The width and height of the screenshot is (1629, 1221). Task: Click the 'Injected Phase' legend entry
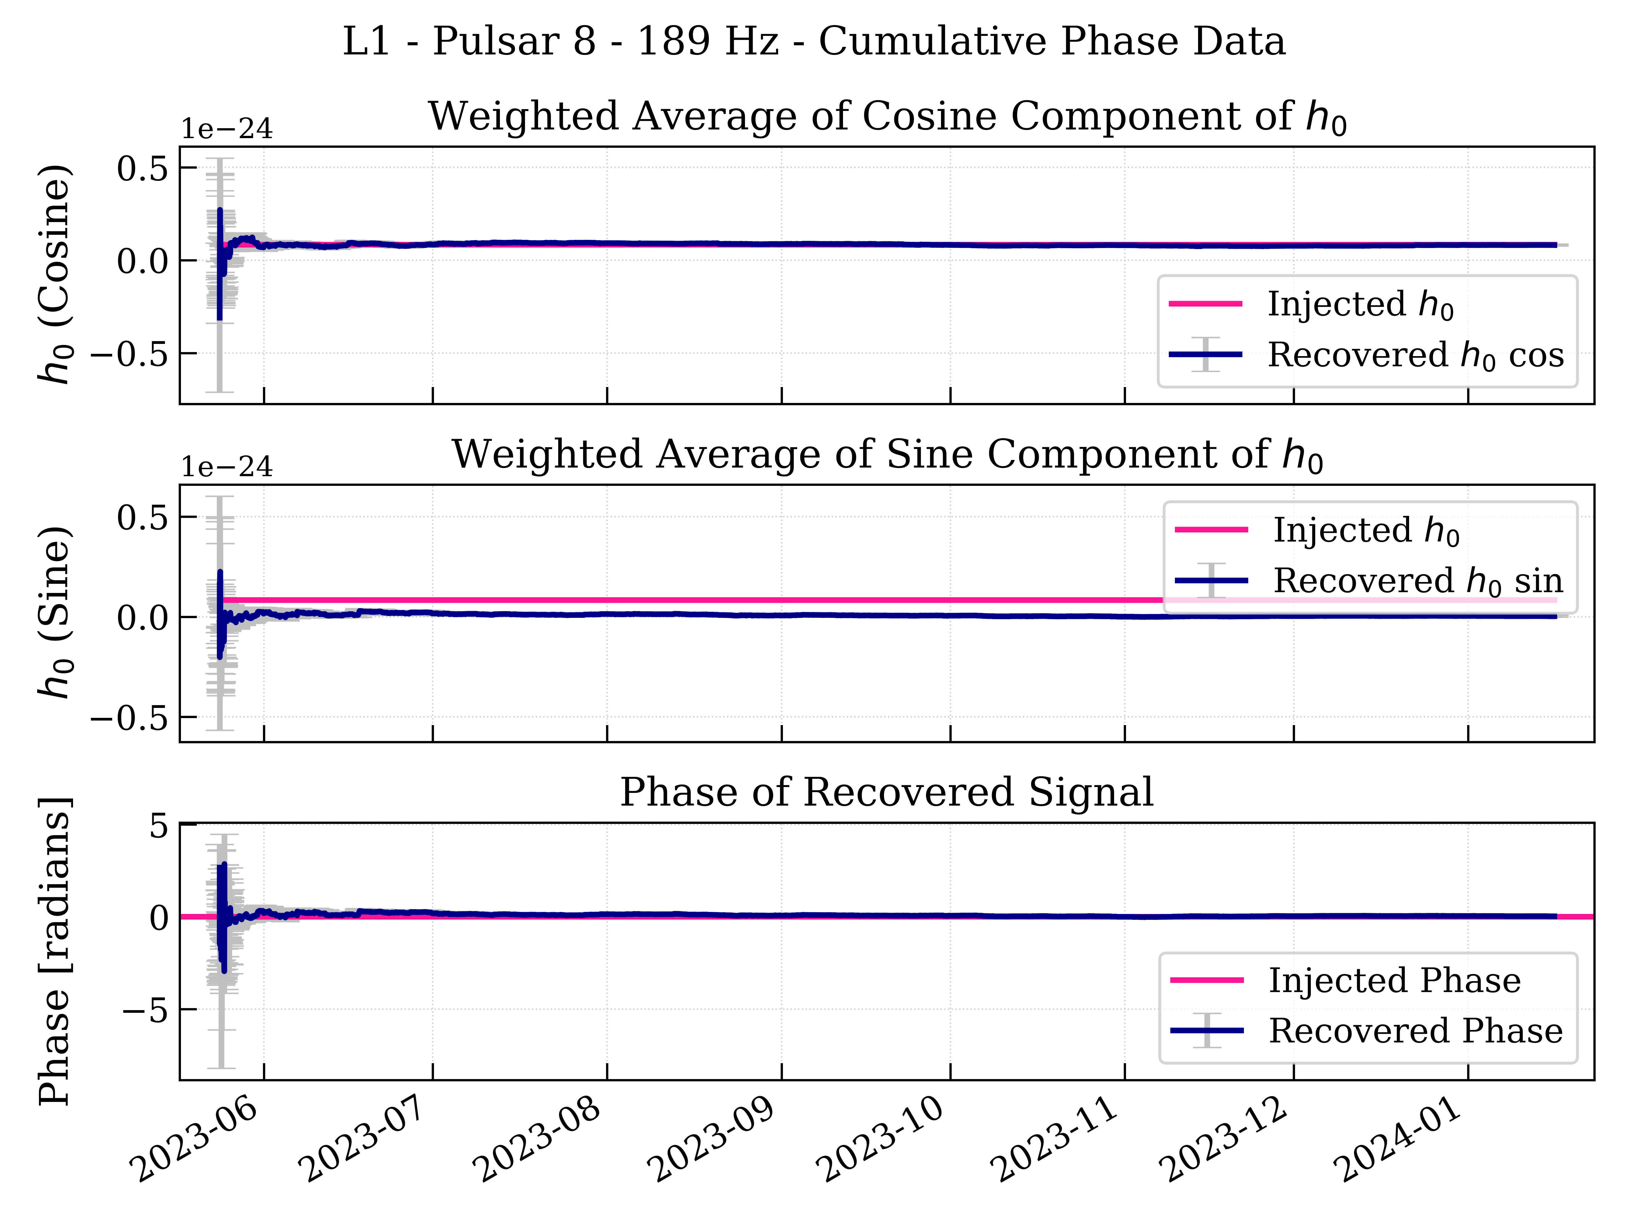pos(1394,980)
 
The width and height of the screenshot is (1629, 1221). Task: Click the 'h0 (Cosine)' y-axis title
pos(55,274)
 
